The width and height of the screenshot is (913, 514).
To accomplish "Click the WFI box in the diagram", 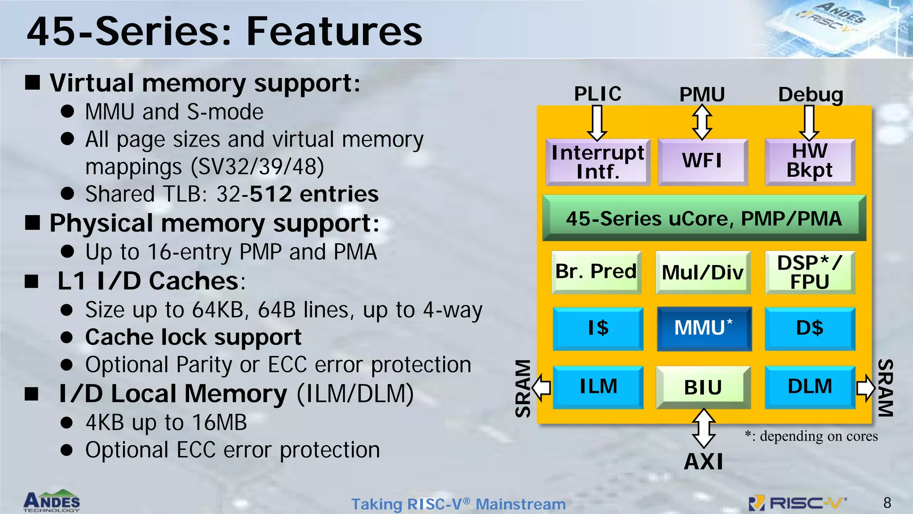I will (x=703, y=162).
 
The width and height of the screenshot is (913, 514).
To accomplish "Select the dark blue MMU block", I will (x=704, y=328).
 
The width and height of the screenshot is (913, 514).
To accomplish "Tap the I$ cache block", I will (x=598, y=328).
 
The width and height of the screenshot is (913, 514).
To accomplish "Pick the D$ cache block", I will (x=810, y=328).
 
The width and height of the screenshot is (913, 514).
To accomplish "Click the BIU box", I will (x=703, y=387).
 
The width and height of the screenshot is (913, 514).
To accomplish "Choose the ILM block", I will (x=598, y=387).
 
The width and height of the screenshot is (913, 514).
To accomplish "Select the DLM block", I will (x=810, y=387).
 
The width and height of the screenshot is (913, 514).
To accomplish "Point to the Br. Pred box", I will (x=596, y=272).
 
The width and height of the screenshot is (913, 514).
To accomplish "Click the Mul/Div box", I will (x=703, y=272).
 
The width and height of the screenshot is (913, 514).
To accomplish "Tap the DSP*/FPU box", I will (x=810, y=272).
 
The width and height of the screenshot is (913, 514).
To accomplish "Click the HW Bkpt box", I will (x=810, y=162).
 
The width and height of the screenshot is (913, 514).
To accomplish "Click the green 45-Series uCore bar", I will (x=704, y=218).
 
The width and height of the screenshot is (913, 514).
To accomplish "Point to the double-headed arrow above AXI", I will (x=703, y=428).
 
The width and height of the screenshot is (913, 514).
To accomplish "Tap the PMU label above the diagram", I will (x=702, y=95).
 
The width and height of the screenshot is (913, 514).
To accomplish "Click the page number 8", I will (x=887, y=503).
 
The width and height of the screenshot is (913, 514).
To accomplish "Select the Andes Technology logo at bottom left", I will (x=52, y=501).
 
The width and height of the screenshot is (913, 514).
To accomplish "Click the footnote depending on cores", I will (x=811, y=436).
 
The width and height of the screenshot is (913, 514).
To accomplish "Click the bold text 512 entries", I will (x=314, y=194).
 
